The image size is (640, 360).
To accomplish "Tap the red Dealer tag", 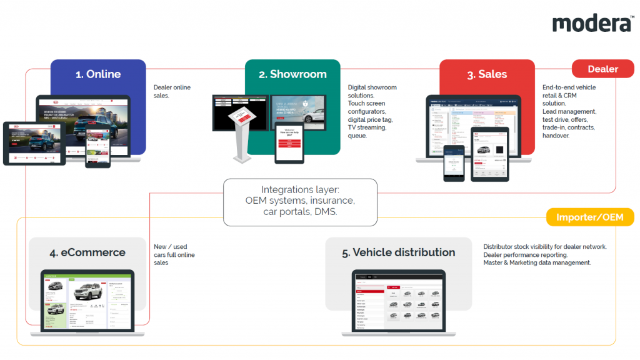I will pyautogui.click(x=602, y=69).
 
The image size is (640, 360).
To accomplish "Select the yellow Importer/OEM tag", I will pyautogui.click(x=590, y=217).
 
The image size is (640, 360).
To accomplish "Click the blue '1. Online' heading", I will pyautogui.click(x=98, y=74).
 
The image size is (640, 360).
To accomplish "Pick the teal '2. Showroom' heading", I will pyautogui.click(x=292, y=74).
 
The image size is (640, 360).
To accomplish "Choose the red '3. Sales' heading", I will pyautogui.click(x=487, y=74).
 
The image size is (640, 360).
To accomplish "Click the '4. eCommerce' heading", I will pyautogui.click(x=88, y=253).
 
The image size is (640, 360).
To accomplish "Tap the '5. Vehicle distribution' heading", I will pyautogui.click(x=398, y=252).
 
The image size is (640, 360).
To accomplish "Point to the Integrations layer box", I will pyautogui.click(x=300, y=202).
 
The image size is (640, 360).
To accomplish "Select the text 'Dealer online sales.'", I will pyautogui.click(x=172, y=91).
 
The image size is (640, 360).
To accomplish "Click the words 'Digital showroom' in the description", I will pyautogui.click(x=372, y=87).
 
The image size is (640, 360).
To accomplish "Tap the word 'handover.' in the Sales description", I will pyautogui.click(x=556, y=136).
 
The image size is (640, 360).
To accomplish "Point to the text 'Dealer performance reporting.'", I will pyautogui.click(x=525, y=255).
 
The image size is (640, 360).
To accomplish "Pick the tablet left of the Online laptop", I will pyautogui.click(x=34, y=143).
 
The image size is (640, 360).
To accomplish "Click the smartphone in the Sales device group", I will pyautogui.click(x=454, y=166).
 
